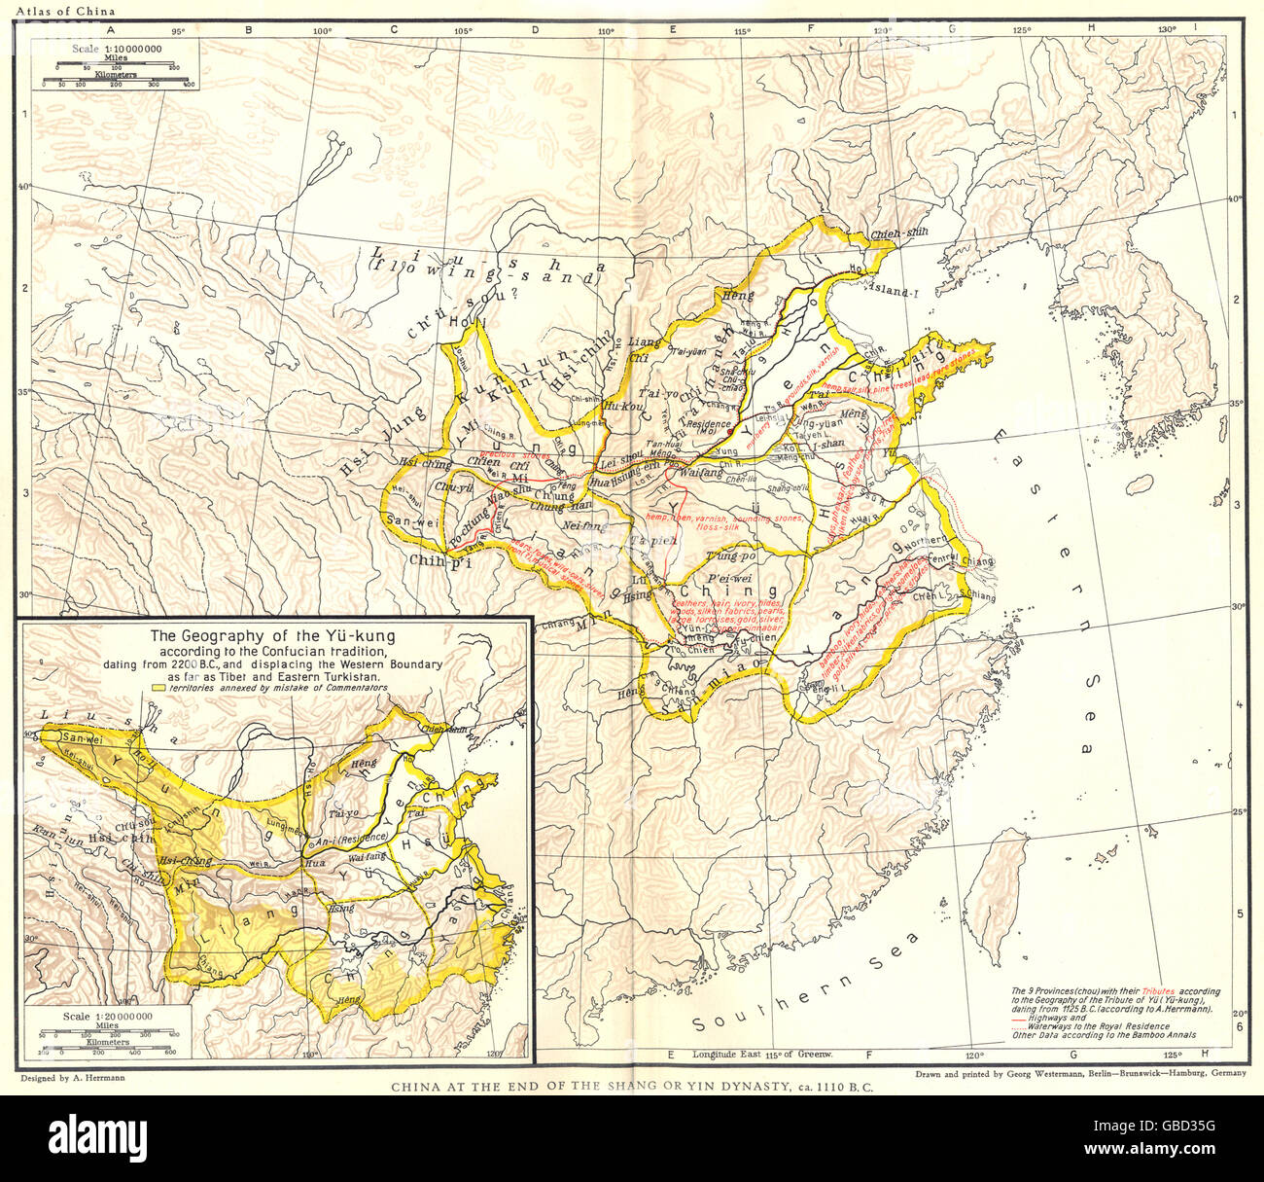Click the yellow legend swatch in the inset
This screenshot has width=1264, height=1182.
[159, 688]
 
